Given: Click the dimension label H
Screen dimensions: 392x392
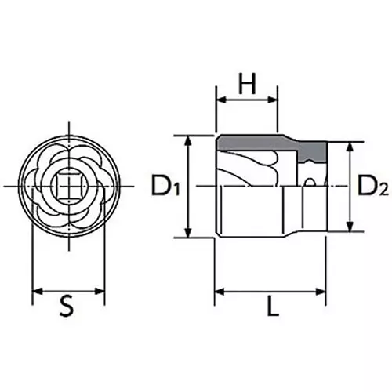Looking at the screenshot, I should (x=247, y=84).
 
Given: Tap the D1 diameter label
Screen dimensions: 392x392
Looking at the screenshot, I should (x=165, y=187).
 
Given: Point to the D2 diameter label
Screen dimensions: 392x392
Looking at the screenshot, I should (x=372, y=187).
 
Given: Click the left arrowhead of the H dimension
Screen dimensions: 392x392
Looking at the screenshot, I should (x=220, y=100).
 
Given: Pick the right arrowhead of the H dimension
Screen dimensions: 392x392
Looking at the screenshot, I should (x=274, y=100).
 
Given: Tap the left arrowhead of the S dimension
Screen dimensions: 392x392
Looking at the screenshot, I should (x=35, y=291).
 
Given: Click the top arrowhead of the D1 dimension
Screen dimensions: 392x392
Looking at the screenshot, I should (x=188, y=140).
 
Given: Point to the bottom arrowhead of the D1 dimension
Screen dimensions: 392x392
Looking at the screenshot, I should (x=188, y=234).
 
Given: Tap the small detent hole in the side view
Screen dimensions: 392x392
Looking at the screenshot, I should (x=311, y=183).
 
